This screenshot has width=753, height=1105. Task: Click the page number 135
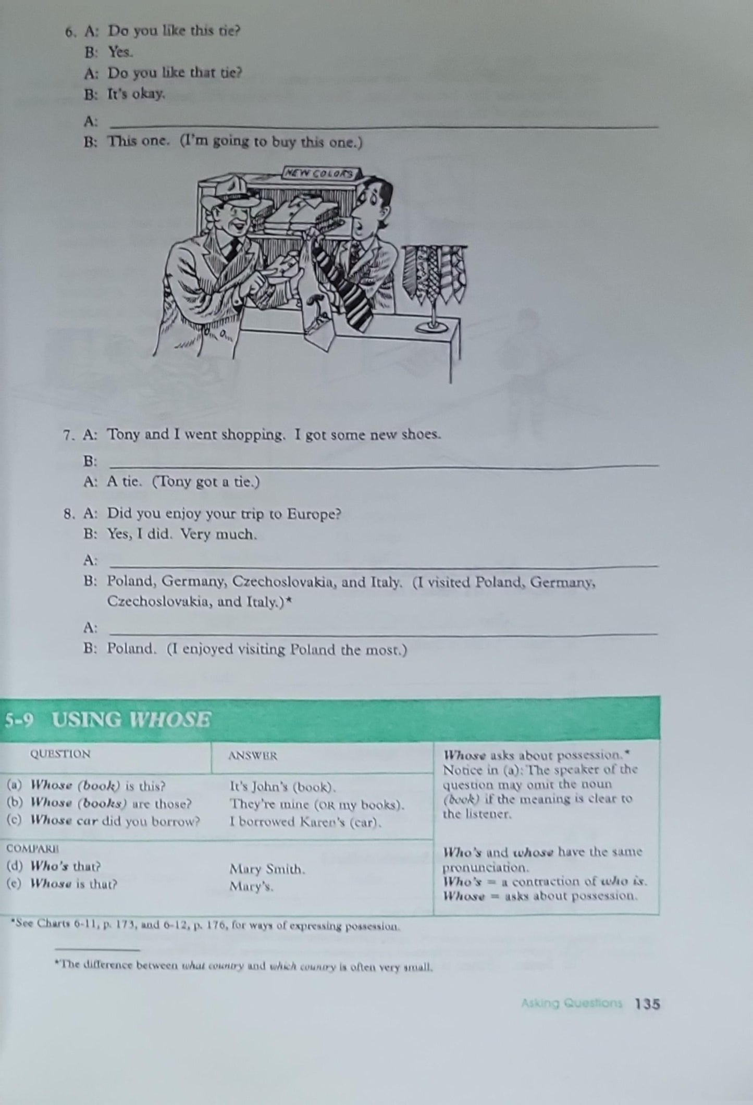(647, 1004)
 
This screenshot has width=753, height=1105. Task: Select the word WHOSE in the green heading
(170, 720)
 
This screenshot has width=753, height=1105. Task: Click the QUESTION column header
(60, 754)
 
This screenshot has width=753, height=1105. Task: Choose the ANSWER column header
(253, 755)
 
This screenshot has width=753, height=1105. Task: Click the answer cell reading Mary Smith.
(267, 869)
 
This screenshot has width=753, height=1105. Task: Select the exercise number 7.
(67, 436)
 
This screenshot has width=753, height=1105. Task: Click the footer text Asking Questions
(572, 1004)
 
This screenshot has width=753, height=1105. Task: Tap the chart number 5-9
(19, 720)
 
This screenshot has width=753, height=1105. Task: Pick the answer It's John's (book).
(283, 787)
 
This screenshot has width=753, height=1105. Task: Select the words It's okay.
(137, 94)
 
